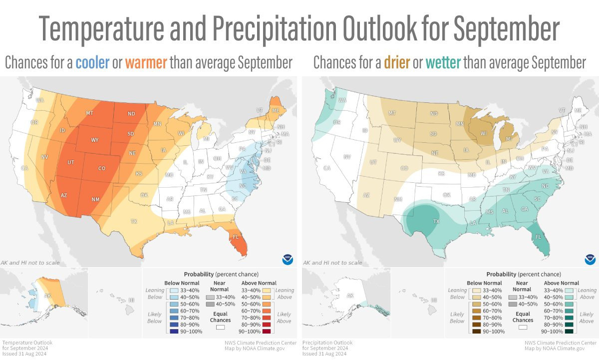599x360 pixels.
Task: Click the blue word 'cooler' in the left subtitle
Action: (x=92, y=63)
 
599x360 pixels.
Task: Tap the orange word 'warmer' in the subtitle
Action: (x=146, y=63)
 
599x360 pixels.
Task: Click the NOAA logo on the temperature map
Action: (x=288, y=260)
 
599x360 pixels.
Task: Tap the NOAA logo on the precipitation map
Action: (x=590, y=260)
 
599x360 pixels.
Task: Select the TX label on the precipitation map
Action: (x=436, y=221)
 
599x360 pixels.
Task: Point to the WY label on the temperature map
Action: (x=94, y=140)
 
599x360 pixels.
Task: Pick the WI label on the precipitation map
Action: (x=483, y=134)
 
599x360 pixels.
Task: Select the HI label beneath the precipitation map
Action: (x=434, y=300)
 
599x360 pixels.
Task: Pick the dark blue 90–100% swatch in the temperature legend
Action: (x=173, y=332)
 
